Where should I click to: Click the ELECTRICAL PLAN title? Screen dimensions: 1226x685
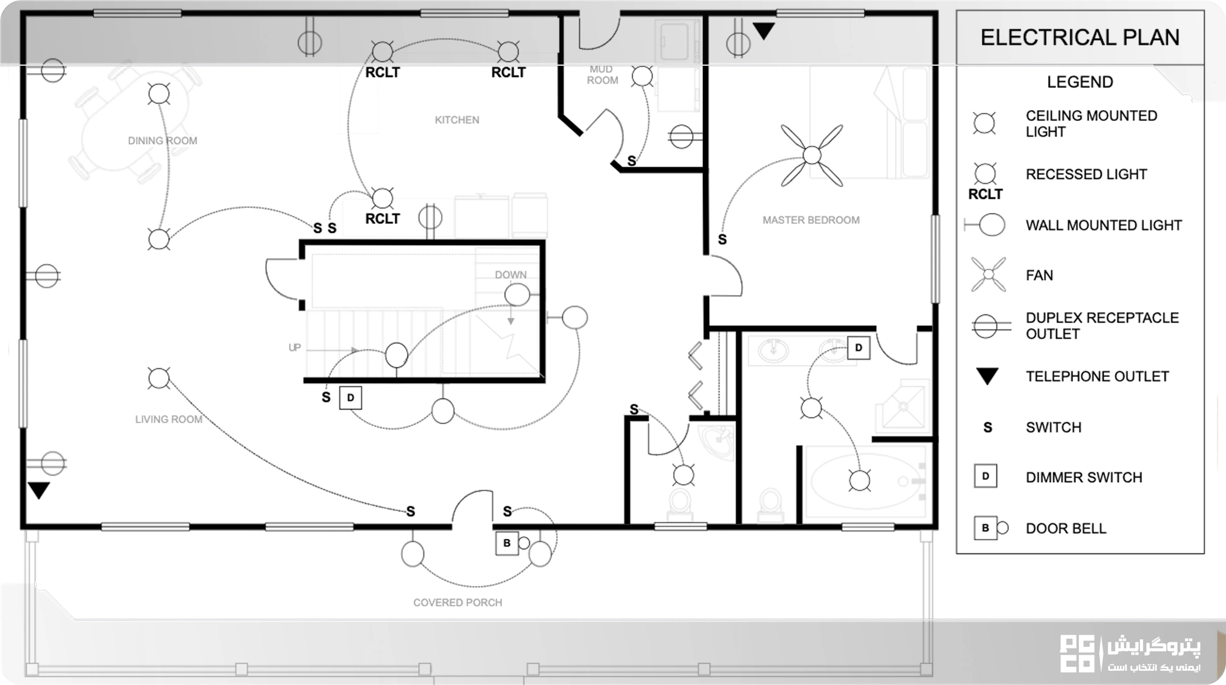[x=1079, y=38]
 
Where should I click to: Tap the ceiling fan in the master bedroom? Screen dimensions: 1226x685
[x=811, y=155]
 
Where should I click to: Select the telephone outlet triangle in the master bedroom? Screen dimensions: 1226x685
[x=763, y=31]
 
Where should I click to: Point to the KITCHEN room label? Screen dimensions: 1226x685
[x=457, y=120]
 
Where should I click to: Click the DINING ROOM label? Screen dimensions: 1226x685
[x=163, y=140]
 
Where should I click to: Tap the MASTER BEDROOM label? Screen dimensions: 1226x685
[x=811, y=220]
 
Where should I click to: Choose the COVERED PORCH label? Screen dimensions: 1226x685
[x=458, y=602]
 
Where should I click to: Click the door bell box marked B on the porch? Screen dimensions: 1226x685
[x=507, y=543]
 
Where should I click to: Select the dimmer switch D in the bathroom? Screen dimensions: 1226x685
[x=859, y=348]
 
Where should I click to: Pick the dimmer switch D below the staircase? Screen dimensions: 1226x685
[x=350, y=398]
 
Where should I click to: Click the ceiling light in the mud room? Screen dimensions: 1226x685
[x=642, y=76]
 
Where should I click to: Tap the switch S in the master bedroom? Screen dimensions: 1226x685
[x=722, y=240]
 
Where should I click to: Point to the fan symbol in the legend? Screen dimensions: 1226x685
[x=988, y=275]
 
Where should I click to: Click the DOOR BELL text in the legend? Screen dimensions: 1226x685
[x=1066, y=529]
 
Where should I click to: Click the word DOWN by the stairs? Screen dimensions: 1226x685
[x=511, y=275]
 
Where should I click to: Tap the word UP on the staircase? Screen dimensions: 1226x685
[x=294, y=347]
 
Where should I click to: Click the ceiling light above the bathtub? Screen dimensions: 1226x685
[x=859, y=481]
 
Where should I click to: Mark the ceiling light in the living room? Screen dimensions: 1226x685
[x=159, y=378]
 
